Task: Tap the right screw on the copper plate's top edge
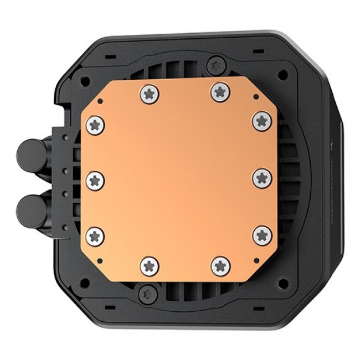(218, 92)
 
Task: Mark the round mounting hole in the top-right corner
(284, 72)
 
